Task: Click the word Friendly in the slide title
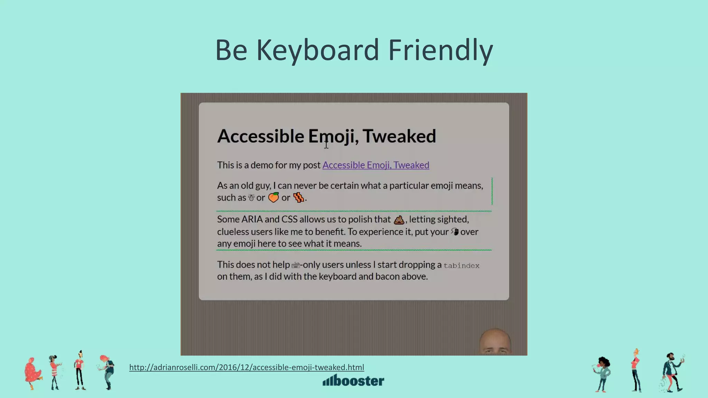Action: pyautogui.click(x=440, y=50)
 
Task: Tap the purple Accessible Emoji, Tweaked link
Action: pyautogui.click(x=376, y=165)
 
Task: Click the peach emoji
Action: pyautogui.click(x=273, y=197)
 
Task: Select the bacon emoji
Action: pyautogui.click(x=298, y=197)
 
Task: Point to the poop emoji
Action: pyautogui.click(x=399, y=220)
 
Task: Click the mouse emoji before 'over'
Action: pyautogui.click(x=455, y=231)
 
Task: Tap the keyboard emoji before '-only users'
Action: pyautogui.click(x=296, y=265)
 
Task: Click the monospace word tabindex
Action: pyautogui.click(x=461, y=266)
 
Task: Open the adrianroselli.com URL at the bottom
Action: pyautogui.click(x=246, y=367)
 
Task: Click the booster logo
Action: pyautogui.click(x=353, y=380)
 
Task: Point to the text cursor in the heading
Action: pyautogui.click(x=326, y=144)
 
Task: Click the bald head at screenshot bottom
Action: pyautogui.click(x=495, y=341)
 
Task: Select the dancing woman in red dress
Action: pyautogui.click(x=32, y=373)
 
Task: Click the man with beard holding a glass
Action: pyautogui.click(x=672, y=372)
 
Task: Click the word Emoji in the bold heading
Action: pyautogui.click(x=331, y=136)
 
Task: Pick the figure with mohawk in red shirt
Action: pyautogui.click(x=80, y=370)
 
